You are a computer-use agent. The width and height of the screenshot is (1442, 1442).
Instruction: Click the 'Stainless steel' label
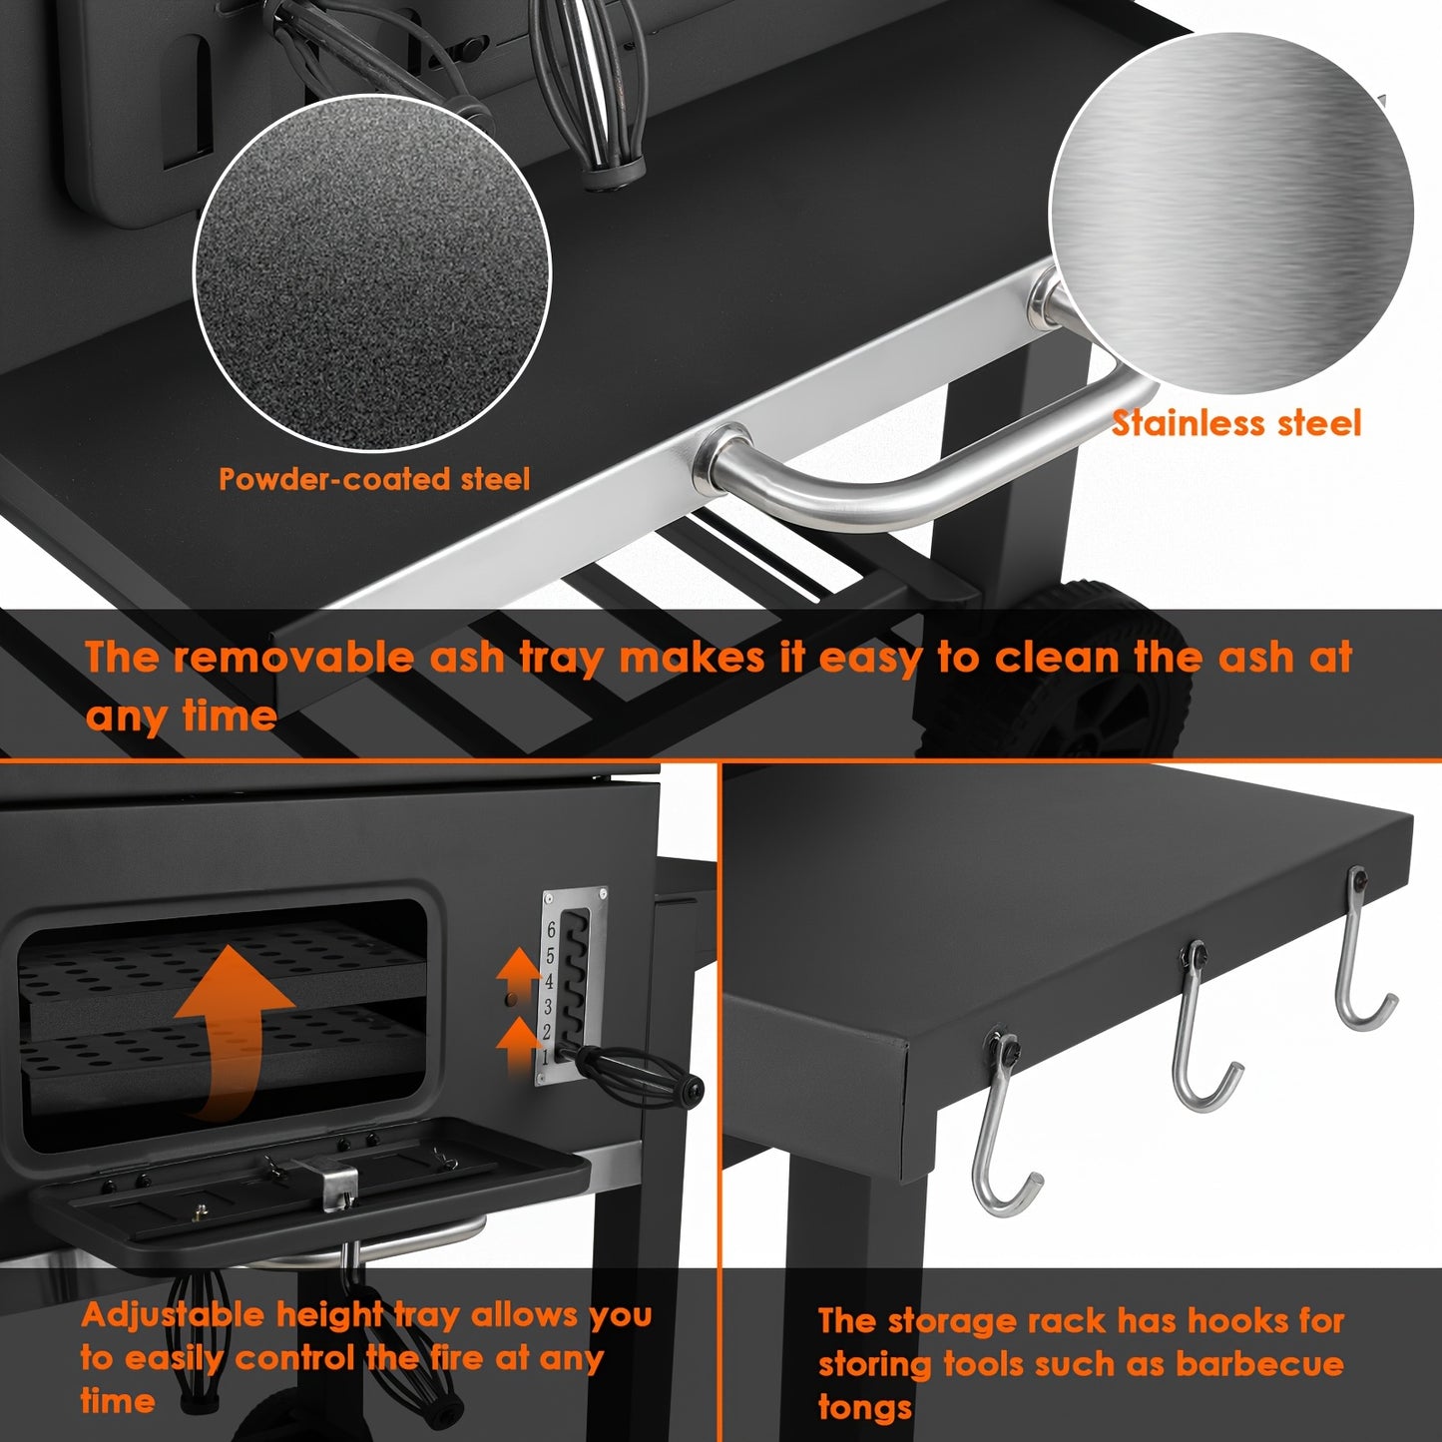1236,423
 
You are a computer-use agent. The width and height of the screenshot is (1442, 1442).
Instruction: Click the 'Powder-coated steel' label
374,479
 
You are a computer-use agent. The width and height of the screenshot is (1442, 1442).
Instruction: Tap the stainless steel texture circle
1231,213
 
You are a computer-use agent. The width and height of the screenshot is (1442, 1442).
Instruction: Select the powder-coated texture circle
372,273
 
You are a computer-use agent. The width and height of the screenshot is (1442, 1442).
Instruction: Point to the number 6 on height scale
551,930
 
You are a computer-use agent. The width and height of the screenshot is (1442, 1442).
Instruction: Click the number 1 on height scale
546,1058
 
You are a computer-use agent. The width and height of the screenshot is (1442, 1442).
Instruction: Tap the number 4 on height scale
549,981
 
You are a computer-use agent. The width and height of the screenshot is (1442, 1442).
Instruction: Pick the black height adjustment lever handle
636,1076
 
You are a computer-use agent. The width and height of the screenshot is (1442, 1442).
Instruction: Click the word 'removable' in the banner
292,657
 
